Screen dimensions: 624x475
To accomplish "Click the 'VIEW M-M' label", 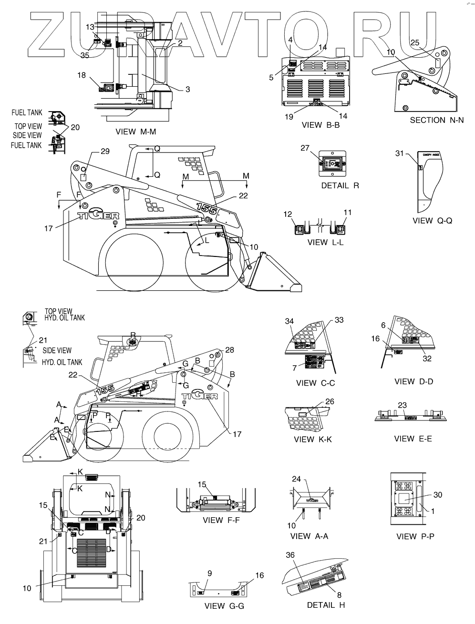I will coord(136,132).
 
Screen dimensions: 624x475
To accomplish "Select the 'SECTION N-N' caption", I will coord(436,120).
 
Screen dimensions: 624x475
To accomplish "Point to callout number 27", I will coord(305,148).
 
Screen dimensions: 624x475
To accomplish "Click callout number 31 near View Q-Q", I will coord(399,153).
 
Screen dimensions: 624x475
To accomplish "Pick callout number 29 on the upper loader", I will coord(105,151).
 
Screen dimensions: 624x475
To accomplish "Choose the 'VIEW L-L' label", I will coord(325,242).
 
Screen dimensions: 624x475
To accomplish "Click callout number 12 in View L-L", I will coord(288,215).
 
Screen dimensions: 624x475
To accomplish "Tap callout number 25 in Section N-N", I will coord(415,43).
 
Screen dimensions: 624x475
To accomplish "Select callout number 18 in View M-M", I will coord(82,75).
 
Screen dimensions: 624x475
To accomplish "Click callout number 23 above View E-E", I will coord(402,405).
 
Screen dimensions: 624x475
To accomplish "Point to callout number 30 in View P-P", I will coord(437,495).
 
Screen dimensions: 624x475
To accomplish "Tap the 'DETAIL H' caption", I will coord(327,605).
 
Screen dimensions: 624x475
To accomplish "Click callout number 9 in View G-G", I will coord(209,573).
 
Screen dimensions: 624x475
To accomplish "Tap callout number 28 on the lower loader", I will coord(229,350).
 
